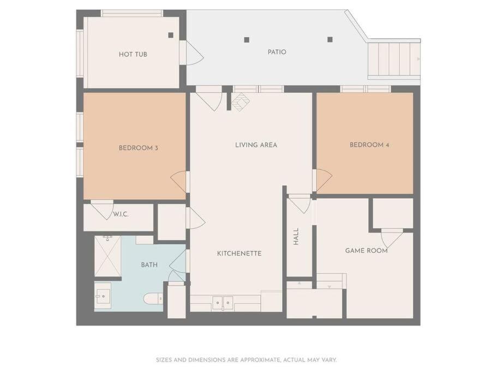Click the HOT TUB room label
point(133,54)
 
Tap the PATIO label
point(277,52)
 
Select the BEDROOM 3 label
point(138,148)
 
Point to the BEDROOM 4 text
point(369,145)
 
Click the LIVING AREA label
point(256,145)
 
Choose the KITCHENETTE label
point(239,253)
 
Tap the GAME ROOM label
point(367,251)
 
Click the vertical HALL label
point(296,236)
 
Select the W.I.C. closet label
point(121,215)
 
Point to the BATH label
point(149,265)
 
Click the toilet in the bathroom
point(153,299)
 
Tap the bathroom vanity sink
point(103,296)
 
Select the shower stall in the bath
point(108,256)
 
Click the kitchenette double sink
point(223,303)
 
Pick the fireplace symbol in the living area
point(241,102)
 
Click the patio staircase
point(394,60)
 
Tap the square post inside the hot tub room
point(171,35)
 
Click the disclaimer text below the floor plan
point(246,360)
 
